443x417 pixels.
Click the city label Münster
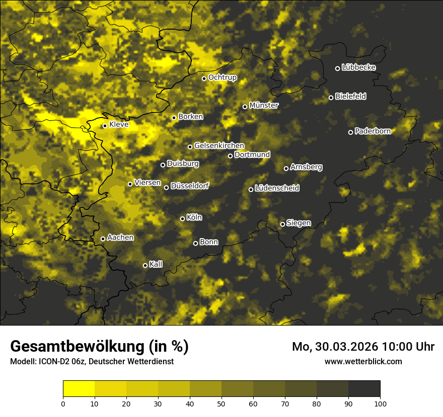[x=264, y=106]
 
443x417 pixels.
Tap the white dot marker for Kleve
[x=105, y=126]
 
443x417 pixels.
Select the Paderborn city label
[x=373, y=131]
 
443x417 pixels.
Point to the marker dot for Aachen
[x=103, y=239]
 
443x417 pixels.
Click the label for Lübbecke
[x=358, y=67]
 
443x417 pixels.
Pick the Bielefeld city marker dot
[x=331, y=97]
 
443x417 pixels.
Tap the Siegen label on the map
[x=299, y=223]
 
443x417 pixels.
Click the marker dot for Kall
[x=145, y=265]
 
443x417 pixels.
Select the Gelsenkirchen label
[x=219, y=146]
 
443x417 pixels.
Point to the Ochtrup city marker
[x=204, y=78]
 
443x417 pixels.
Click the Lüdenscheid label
[x=277, y=188]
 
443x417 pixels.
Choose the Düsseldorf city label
[x=189, y=186]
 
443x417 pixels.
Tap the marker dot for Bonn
[x=195, y=243]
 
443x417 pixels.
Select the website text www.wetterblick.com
[x=363, y=361]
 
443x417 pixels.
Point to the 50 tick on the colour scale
[x=221, y=403]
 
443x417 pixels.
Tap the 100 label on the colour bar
[x=380, y=403]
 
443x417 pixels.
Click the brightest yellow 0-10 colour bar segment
[x=79, y=388]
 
